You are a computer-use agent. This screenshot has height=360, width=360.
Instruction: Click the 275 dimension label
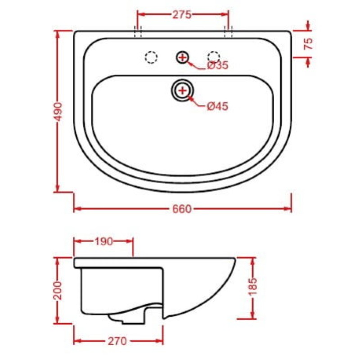click(182, 14)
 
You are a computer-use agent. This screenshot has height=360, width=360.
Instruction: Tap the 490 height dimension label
click(58, 112)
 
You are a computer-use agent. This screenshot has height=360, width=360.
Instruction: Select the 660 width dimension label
click(182, 209)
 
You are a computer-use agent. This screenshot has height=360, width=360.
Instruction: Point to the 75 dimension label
click(308, 44)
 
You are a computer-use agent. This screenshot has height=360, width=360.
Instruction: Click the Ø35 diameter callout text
click(217, 65)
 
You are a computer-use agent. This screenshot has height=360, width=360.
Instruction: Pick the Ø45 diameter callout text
click(217, 106)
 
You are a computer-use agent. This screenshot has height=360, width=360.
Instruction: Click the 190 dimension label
click(103, 242)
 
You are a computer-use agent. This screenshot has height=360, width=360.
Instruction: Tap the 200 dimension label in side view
click(58, 290)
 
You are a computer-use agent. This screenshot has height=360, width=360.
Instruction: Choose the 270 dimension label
click(117, 341)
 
